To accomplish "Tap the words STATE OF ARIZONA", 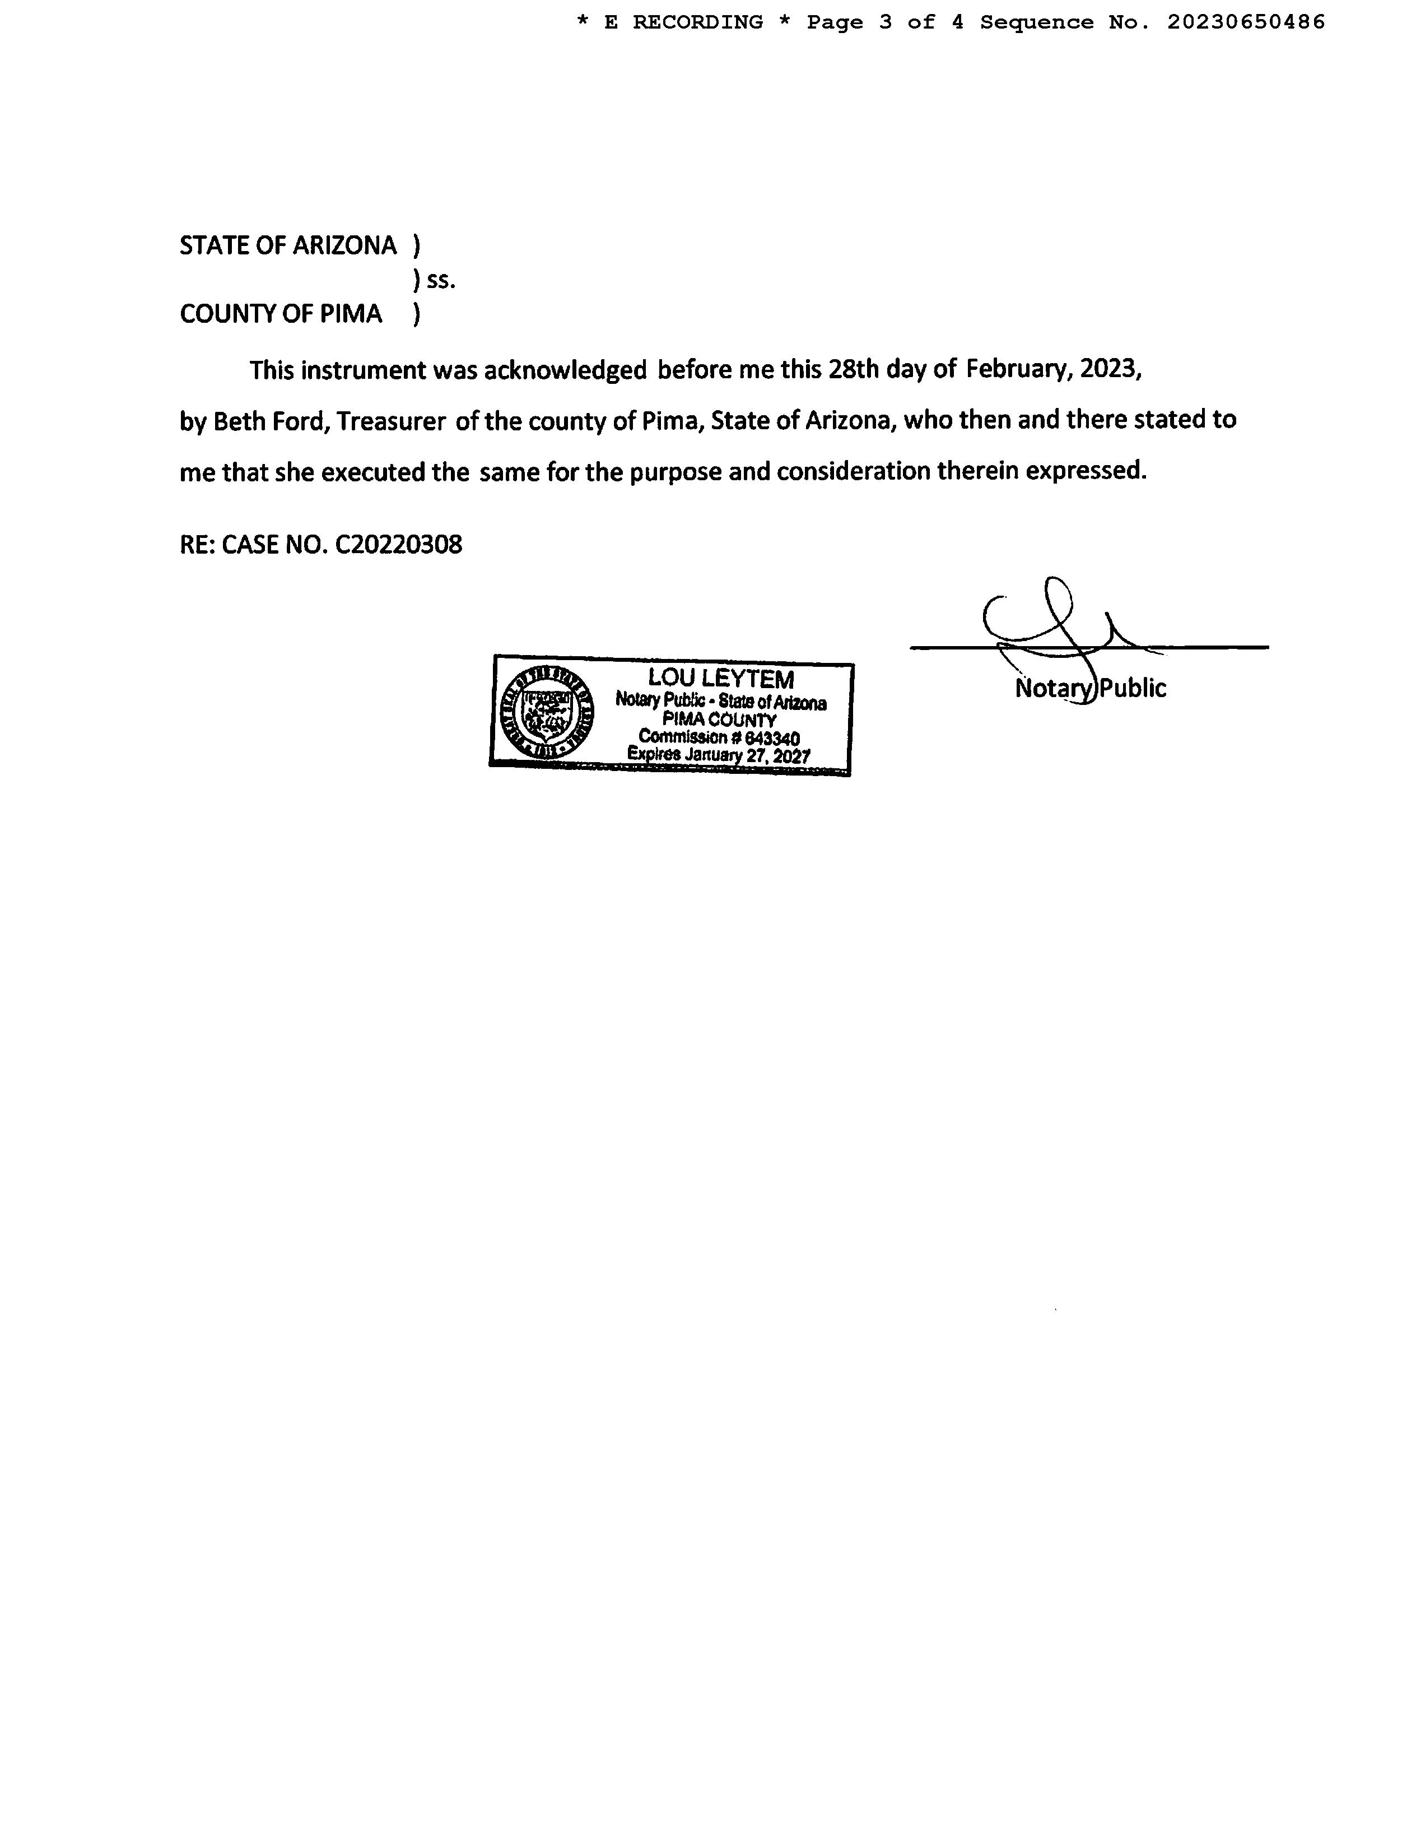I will click(x=288, y=246).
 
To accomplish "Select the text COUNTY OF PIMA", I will click(x=281, y=314).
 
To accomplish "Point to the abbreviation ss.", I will click(x=441, y=280).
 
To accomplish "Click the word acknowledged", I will click(x=565, y=370).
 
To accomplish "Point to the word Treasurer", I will click(x=391, y=421).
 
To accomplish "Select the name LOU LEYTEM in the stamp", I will click(x=720, y=678).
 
